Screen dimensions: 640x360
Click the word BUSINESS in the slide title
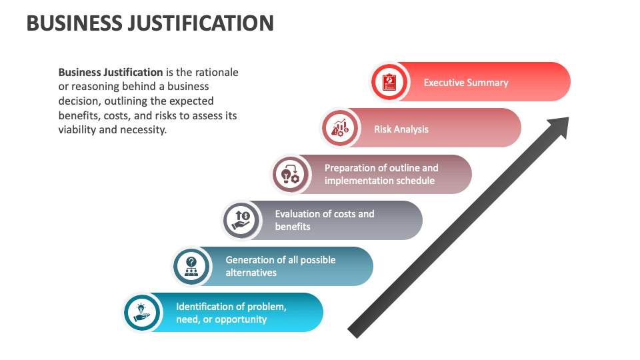[74, 23]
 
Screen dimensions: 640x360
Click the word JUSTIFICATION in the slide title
[201, 23]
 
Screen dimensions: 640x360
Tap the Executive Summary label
[466, 83]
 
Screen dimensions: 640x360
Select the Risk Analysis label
[401, 129]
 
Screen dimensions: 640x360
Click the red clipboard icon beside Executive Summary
[389, 82]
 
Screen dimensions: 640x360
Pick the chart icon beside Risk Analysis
[340, 128]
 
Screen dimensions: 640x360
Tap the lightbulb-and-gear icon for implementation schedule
[290, 174]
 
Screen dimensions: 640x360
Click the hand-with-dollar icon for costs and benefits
[241, 221]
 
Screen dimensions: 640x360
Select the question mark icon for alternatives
[191, 267]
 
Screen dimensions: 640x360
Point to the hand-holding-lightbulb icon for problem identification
[141, 313]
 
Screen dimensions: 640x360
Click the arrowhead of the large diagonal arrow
[559, 126]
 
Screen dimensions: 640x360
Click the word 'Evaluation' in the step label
[299, 214]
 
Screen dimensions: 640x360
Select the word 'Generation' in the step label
[251, 260]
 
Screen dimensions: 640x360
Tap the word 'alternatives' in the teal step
[251, 273]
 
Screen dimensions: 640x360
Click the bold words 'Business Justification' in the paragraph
[111, 72]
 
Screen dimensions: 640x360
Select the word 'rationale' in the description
[217, 72]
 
